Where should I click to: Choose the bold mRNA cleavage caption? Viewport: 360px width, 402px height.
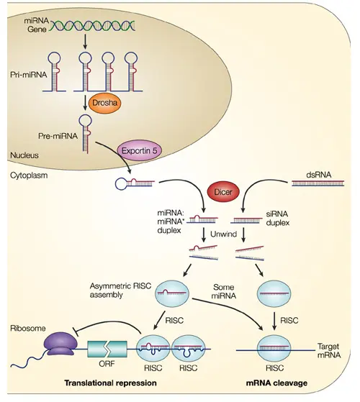click(x=271, y=383)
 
